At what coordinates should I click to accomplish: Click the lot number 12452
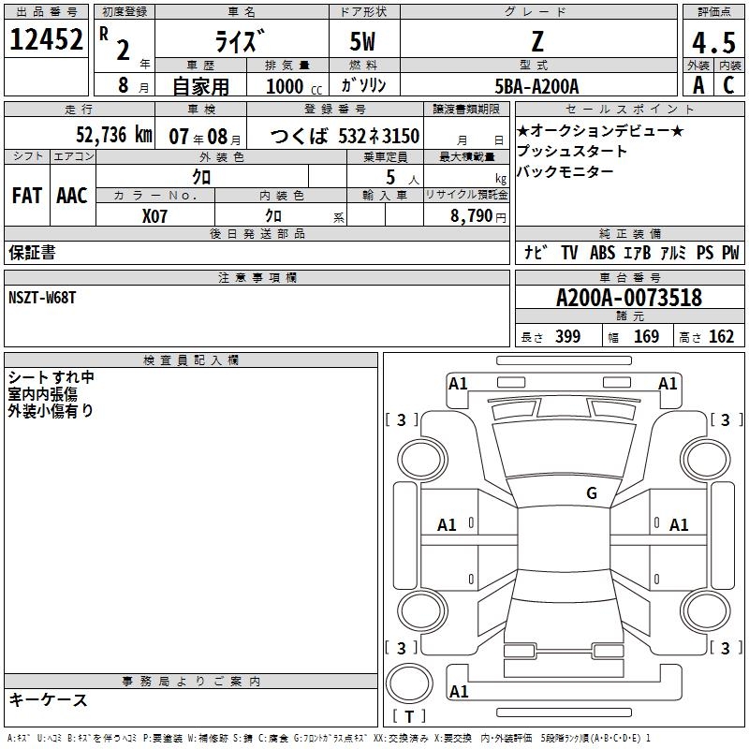[x=46, y=39]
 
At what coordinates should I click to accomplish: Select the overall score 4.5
[x=713, y=42]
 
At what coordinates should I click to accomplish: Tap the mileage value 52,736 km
[x=114, y=135]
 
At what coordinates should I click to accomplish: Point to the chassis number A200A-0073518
[x=629, y=298]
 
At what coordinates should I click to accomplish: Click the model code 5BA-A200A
[x=536, y=86]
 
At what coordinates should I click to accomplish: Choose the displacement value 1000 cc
[x=294, y=86]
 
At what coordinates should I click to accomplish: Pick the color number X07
[x=154, y=216]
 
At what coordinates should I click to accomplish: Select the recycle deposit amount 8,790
[x=472, y=215]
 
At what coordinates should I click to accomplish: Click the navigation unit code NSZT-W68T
[x=42, y=298]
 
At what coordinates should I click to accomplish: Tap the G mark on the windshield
[x=592, y=493]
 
